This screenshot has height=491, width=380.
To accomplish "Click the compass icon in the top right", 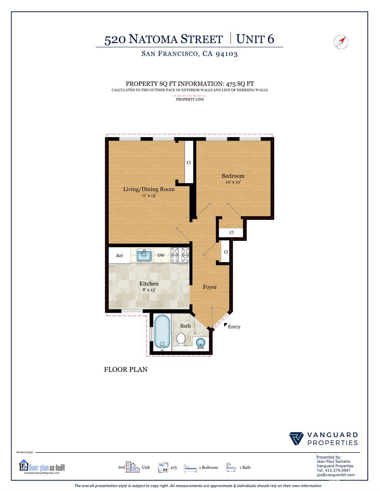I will tap(341, 42).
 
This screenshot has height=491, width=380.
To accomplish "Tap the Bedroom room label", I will tap(233, 176).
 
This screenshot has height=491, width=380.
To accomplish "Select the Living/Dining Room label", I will tap(149, 189).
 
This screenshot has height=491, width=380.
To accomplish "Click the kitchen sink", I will tap(144, 255).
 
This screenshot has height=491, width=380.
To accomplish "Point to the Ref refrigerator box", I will tap(119, 255).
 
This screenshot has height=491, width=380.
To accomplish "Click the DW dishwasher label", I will tap(161, 255).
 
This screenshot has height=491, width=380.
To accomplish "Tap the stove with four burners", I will tap(180, 255).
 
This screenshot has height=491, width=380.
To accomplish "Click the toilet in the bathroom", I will tap(181, 339).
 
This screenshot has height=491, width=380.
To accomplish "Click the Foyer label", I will tap(210, 287).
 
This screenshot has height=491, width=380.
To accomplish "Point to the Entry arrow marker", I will tap(226, 325).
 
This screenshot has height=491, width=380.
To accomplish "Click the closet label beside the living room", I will tap(189, 162).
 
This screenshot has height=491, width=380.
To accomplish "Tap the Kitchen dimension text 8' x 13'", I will tap(149, 290).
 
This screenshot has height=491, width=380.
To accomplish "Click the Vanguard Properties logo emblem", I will tap(296, 439).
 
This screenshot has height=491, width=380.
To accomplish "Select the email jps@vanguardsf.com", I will tap(335, 475).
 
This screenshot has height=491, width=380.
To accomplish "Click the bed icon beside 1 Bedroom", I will tap(190, 468).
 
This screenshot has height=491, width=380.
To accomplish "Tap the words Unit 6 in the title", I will tap(255, 39).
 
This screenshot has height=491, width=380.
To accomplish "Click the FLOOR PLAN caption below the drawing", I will tap(126, 369).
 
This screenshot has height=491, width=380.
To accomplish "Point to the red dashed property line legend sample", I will tap(190, 96).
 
